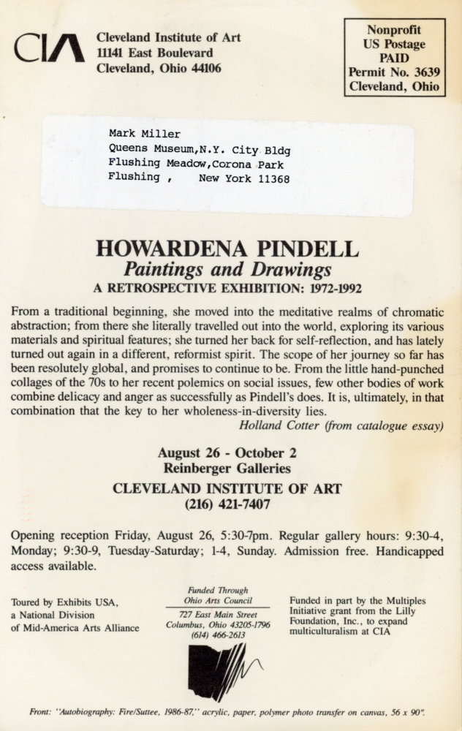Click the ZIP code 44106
tap(200, 69)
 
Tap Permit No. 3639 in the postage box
tap(394, 72)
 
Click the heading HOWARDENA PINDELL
tap(227, 249)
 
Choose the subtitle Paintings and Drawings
tap(227, 269)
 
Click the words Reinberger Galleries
tap(227, 469)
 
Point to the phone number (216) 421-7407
tap(227, 504)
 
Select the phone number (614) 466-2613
tap(217, 636)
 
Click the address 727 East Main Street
tap(217, 615)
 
